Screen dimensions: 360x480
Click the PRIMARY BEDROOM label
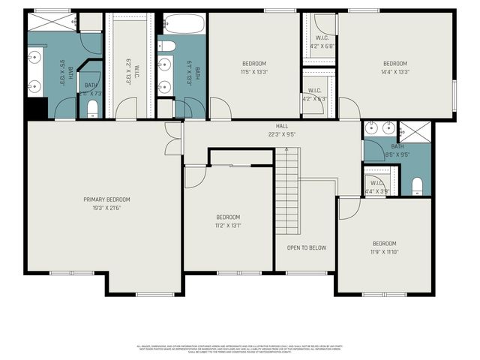pyautogui.click(x=106, y=199)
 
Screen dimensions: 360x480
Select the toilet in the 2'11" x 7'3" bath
pyautogui.click(x=91, y=109)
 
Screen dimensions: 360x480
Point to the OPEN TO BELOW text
pyautogui.click(x=307, y=247)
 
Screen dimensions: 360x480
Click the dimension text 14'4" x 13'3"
pyautogui.click(x=394, y=73)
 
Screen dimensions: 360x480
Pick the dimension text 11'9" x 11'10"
pyautogui.click(x=384, y=253)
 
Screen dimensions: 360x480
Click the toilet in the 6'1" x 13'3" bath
pyautogui.click(x=168, y=47)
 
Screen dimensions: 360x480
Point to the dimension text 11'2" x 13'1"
pyautogui.click(x=228, y=225)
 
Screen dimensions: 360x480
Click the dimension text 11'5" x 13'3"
pyautogui.click(x=253, y=73)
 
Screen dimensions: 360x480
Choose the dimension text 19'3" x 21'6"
pyautogui.click(x=106, y=208)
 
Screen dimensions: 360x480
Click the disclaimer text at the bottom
pyautogui.click(x=240, y=348)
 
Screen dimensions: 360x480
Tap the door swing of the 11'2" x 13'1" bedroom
pyautogui.click(x=193, y=177)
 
